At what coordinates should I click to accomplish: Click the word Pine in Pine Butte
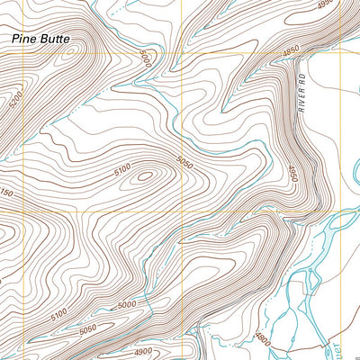[x=24, y=40]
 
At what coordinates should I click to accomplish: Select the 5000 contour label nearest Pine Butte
[x=147, y=57]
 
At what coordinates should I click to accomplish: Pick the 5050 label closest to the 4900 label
[x=88, y=330]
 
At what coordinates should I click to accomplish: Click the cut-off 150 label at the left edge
[x=5, y=193]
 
